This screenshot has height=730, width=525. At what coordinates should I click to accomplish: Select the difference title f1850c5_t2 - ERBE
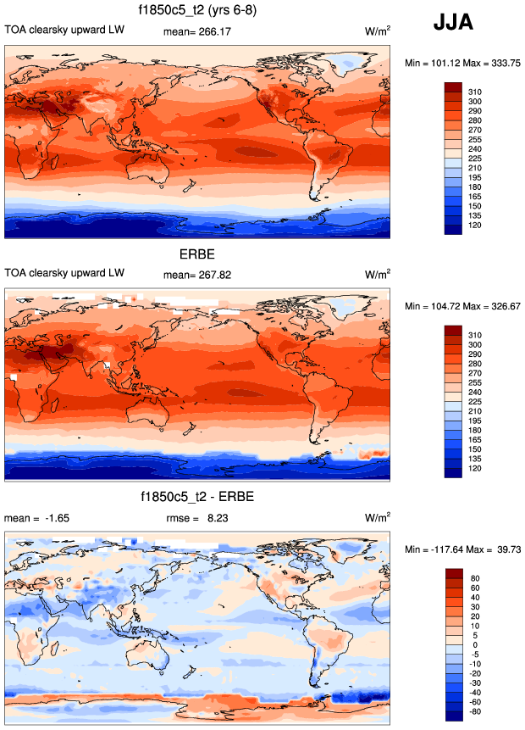coord(198,495)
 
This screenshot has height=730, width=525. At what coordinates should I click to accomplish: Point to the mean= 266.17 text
coord(196,32)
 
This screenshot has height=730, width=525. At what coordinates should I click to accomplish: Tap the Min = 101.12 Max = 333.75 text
coord(461,64)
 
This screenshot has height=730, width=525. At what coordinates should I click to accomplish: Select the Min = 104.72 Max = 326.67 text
coord(461,306)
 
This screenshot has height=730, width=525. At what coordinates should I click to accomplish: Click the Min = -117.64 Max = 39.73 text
coord(461,549)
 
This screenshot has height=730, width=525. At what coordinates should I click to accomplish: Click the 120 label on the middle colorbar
coord(475,469)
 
